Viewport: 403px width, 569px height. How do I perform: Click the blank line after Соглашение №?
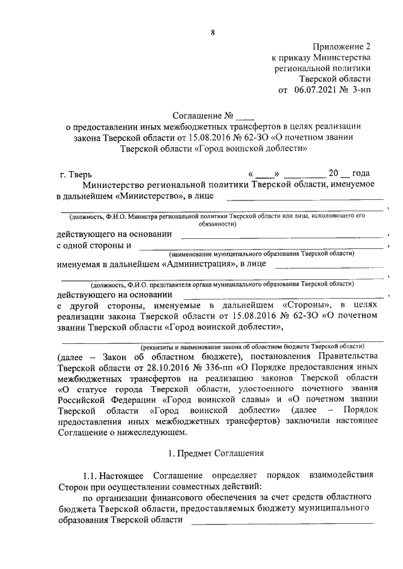coord(245,116)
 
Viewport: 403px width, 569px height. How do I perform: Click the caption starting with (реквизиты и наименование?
coord(252,346)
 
